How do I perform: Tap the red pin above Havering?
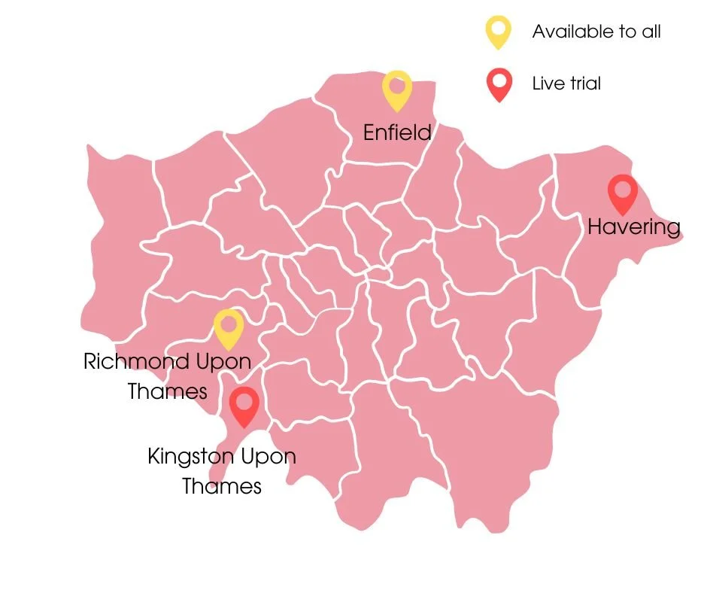[622, 194]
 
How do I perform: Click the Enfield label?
[397, 133]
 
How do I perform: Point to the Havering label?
[633, 227]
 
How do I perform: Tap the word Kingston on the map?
[190, 457]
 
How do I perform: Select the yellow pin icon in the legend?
[498, 32]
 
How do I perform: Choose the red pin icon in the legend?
[498, 84]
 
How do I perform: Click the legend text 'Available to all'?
[596, 32]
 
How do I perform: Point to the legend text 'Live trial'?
[566, 84]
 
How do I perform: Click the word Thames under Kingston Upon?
[222, 486]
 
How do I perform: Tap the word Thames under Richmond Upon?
[167, 391]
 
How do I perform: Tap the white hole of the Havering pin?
[622, 188]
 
